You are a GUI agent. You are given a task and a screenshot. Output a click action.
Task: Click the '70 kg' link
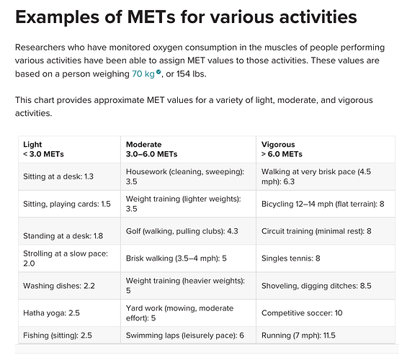(x=143, y=74)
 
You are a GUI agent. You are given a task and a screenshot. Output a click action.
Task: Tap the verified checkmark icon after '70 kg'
(x=158, y=72)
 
